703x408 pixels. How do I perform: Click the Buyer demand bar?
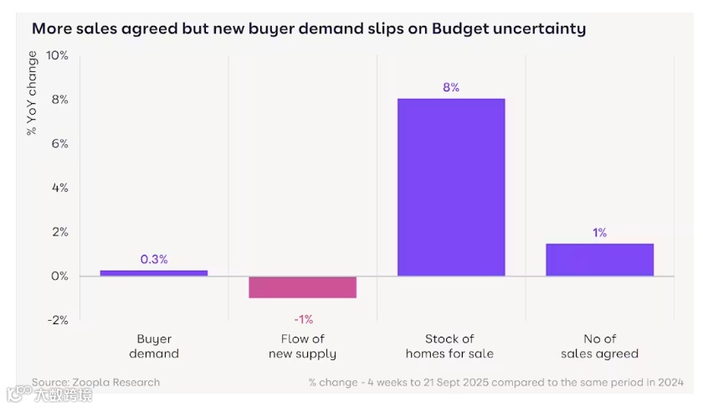coord(154,273)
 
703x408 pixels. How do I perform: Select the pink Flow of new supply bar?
coord(302,287)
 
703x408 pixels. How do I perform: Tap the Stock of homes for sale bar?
coord(451,188)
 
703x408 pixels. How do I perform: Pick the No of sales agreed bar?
coord(599,260)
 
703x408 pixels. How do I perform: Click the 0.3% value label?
coord(154,259)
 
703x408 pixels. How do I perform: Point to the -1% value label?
coord(303,318)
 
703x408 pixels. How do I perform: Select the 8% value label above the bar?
coord(451,87)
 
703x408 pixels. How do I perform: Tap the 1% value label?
coord(600,232)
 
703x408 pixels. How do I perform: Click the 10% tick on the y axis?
coord(57,55)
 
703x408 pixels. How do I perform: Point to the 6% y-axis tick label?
coord(59,144)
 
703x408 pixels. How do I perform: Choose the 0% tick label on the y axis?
coord(59,276)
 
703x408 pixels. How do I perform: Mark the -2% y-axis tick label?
coord(57,320)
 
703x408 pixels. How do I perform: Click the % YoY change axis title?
coord(32,93)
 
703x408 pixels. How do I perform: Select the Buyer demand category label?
coord(154,346)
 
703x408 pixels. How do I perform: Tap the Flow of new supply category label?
coord(302,346)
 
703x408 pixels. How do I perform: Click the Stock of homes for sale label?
coord(450,346)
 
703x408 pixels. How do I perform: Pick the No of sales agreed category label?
coord(599,346)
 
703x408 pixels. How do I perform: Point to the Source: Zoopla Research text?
coord(95,382)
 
